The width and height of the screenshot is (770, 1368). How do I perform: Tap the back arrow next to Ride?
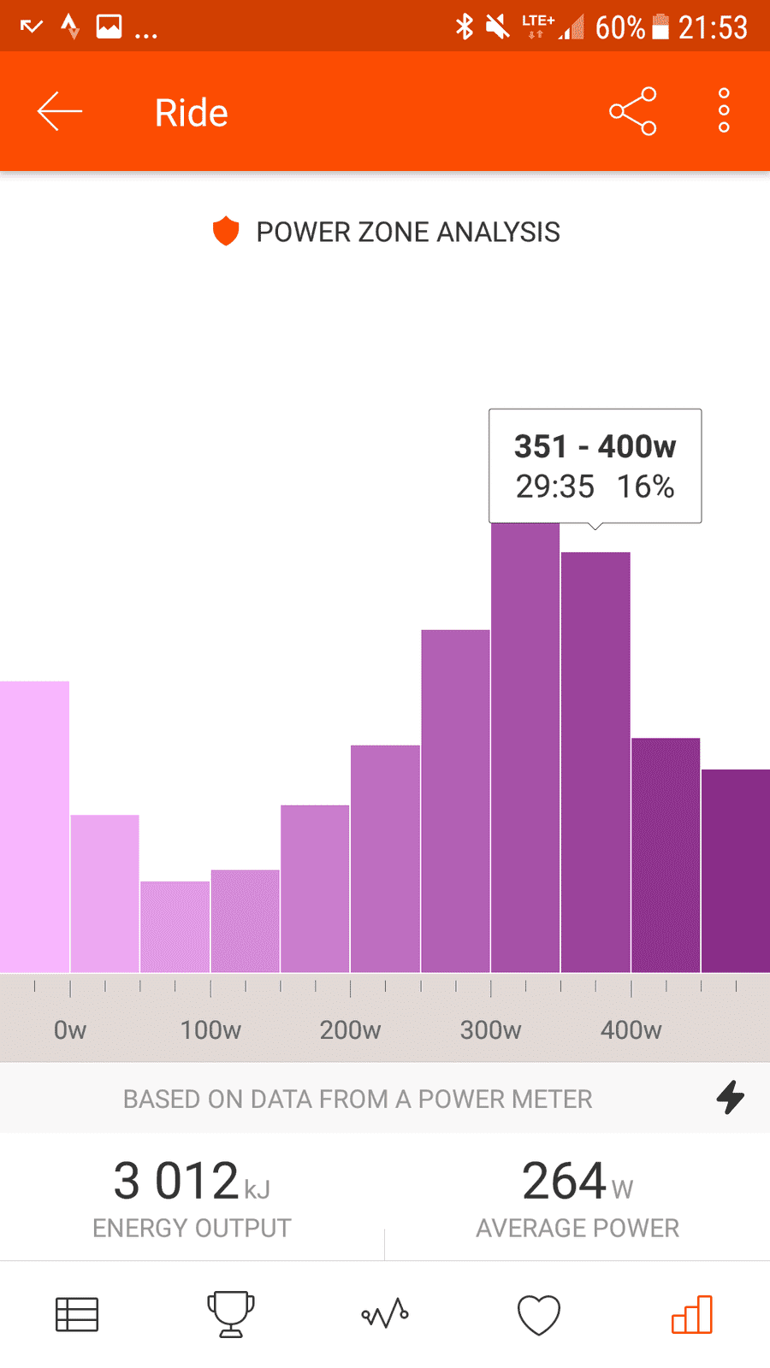coord(59,111)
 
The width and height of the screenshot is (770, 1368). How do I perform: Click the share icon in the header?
coord(632,111)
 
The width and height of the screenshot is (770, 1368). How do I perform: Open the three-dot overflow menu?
coord(724,110)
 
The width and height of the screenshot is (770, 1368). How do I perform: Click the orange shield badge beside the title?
coord(226,231)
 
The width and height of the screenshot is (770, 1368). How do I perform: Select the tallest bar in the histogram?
coord(525,747)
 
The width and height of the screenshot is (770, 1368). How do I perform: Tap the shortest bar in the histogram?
coord(175,927)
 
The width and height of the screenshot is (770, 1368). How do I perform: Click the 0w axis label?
coord(69,1030)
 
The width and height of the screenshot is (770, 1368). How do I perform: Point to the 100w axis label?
coord(210,1030)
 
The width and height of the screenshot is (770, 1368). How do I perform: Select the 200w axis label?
coord(350,1030)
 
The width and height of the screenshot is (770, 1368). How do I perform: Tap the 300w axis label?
coord(491,1030)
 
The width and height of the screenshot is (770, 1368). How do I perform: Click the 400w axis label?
coord(631,1030)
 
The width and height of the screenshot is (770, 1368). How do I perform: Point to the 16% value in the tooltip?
coord(645,486)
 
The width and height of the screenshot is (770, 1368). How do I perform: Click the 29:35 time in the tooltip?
coord(555,486)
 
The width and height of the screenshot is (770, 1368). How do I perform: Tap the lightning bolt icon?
coord(731,1098)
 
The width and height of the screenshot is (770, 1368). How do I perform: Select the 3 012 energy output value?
coord(176,1181)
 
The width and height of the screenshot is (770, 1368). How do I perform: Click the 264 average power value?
coord(564,1181)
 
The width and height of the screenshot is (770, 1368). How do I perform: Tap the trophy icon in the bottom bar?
coord(230,1313)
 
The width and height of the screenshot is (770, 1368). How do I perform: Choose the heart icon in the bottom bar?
coord(538,1313)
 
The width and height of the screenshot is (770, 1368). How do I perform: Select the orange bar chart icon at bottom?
coord(692,1314)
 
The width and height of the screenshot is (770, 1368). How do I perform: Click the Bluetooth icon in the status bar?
coord(465,27)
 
